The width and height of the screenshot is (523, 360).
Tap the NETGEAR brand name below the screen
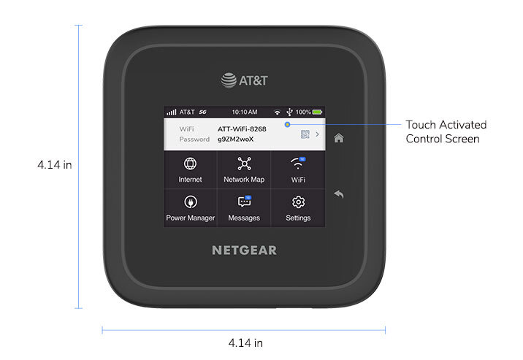coord(244,250)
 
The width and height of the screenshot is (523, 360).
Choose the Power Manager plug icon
coord(190,202)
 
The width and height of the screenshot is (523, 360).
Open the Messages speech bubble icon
coord(244,202)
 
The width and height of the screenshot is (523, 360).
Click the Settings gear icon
coord(298,202)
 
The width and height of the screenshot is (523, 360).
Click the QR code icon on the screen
coord(305,134)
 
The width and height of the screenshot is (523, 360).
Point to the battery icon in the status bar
coord(318,112)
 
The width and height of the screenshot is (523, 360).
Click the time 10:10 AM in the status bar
coord(244,112)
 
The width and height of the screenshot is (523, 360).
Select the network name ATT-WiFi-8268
coord(242,129)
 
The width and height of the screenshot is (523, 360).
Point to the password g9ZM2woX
coord(236,139)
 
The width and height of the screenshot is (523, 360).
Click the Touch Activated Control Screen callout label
coord(446,131)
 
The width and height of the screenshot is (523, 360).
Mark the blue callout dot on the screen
coord(287,124)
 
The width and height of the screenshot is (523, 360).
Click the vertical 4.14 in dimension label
coord(54,165)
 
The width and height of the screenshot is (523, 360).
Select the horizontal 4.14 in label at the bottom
coord(245,342)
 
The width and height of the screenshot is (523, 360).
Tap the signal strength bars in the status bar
coord(172,112)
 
